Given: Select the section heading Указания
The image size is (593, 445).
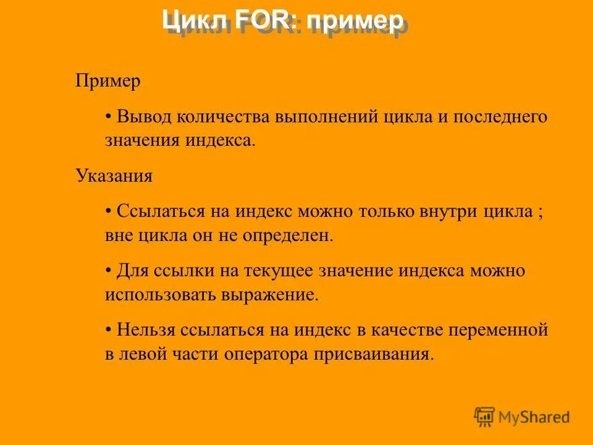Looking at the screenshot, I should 114,176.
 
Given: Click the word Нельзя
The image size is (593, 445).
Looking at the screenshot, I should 146,330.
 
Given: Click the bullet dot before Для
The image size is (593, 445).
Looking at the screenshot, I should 108,271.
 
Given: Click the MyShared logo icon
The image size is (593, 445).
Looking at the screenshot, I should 485,417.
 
